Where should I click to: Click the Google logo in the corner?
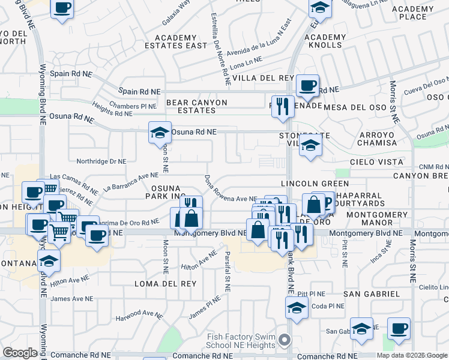20,353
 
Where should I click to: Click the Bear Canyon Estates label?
197,107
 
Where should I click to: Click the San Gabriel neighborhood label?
372,294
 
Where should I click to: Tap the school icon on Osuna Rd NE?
160,132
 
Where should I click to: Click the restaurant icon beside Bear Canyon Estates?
282,106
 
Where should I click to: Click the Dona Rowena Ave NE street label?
231,190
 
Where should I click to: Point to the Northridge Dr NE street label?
101,161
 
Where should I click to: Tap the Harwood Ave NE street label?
139,315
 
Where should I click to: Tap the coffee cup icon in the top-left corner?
62,8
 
